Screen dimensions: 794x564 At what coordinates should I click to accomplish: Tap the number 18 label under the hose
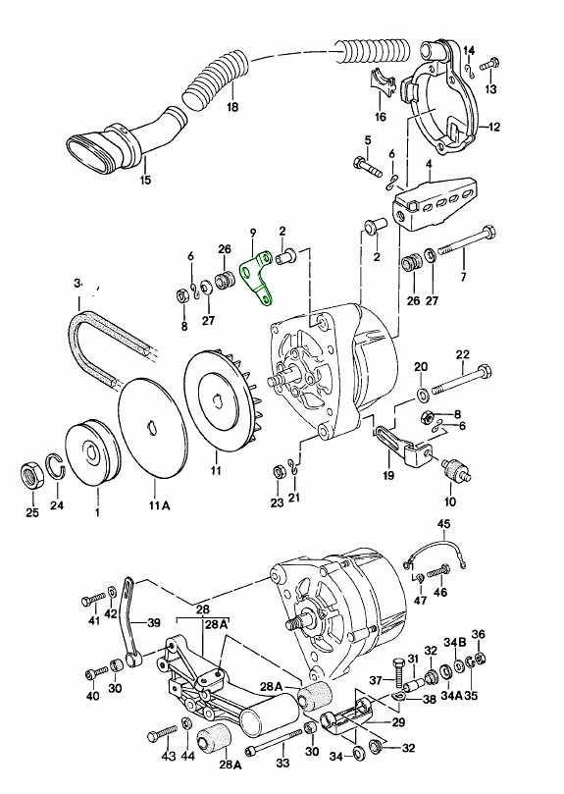(x=231, y=107)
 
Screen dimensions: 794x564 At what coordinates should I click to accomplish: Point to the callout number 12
(x=493, y=128)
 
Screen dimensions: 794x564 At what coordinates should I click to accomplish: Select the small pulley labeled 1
(x=95, y=452)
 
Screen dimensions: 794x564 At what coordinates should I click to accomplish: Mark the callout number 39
(x=153, y=621)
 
